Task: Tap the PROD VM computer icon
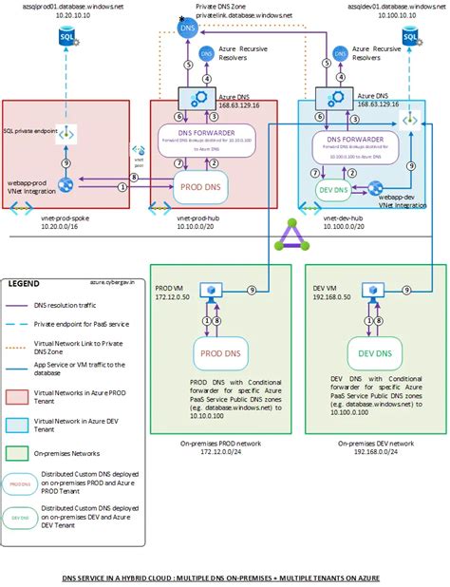210,290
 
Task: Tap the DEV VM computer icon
367,290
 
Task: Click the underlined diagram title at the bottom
225,577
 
